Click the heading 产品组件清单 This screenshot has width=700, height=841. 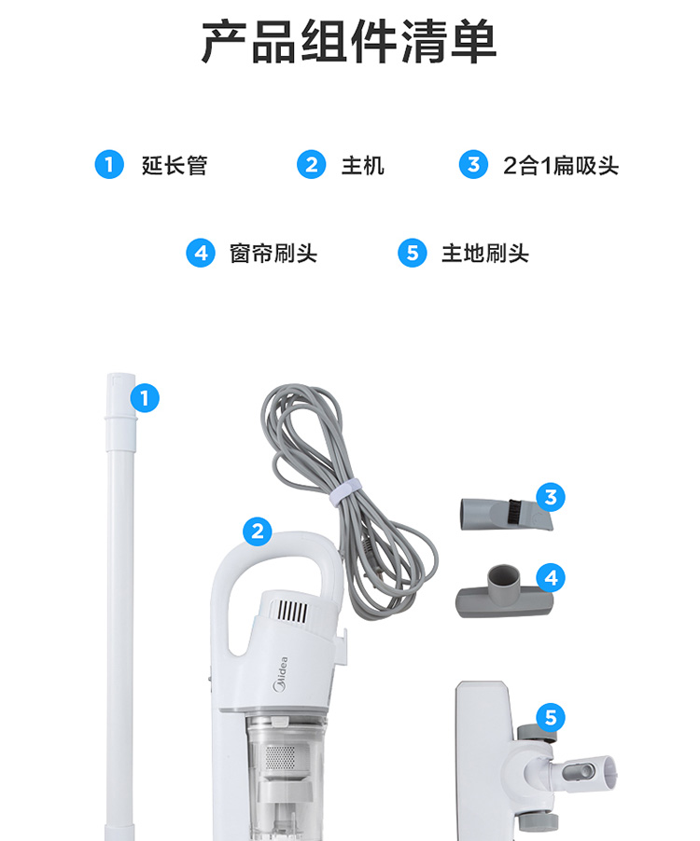tap(349, 41)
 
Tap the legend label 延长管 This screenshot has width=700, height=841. tap(175, 165)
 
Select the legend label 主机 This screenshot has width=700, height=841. tap(363, 165)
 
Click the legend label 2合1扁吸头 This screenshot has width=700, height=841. tap(561, 165)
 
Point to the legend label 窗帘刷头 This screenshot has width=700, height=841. tap(273, 254)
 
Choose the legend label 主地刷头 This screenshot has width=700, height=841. tap(485, 254)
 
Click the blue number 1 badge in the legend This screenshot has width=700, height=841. tap(109, 164)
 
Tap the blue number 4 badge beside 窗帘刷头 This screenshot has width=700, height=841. tap(201, 253)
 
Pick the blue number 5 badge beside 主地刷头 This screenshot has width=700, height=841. tap(413, 253)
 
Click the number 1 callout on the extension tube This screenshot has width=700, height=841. tap(145, 398)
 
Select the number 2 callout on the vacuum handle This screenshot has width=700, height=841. tap(257, 531)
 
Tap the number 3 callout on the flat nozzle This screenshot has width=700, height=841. tap(551, 497)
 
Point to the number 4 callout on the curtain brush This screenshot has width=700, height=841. tap(551, 578)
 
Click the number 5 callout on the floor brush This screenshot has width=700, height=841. tap(551, 718)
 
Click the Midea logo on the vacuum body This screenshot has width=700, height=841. tap(281, 674)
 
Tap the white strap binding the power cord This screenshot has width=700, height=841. tap(345, 493)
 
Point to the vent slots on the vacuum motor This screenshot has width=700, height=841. tap(292, 612)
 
